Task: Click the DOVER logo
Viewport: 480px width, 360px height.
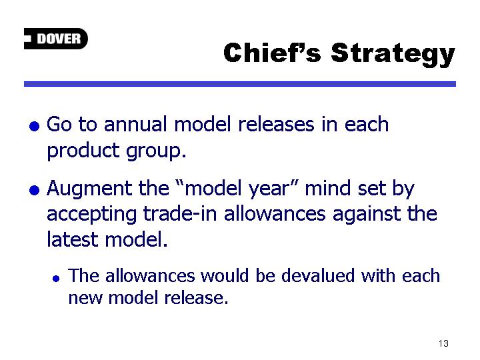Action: (56, 39)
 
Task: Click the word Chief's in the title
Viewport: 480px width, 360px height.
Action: (272, 53)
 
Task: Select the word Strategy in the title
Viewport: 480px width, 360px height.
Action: (393, 55)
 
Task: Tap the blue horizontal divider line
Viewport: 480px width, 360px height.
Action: (240, 84)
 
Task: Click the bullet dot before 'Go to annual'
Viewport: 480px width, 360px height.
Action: (34, 126)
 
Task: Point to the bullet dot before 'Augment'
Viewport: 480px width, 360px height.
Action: (34, 190)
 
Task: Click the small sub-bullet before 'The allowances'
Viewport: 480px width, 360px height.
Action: (56, 278)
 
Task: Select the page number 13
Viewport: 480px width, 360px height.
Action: (443, 343)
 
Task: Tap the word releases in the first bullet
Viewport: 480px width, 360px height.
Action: (276, 125)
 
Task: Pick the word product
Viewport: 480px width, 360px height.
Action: (83, 151)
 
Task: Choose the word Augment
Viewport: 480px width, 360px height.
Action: (89, 189)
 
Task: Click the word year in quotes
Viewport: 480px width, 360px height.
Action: (272, 189)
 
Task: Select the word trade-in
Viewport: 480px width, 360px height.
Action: (180, 213)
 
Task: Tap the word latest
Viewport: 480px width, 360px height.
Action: (72, 239)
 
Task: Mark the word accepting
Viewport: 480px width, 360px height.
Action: (91, 215)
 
